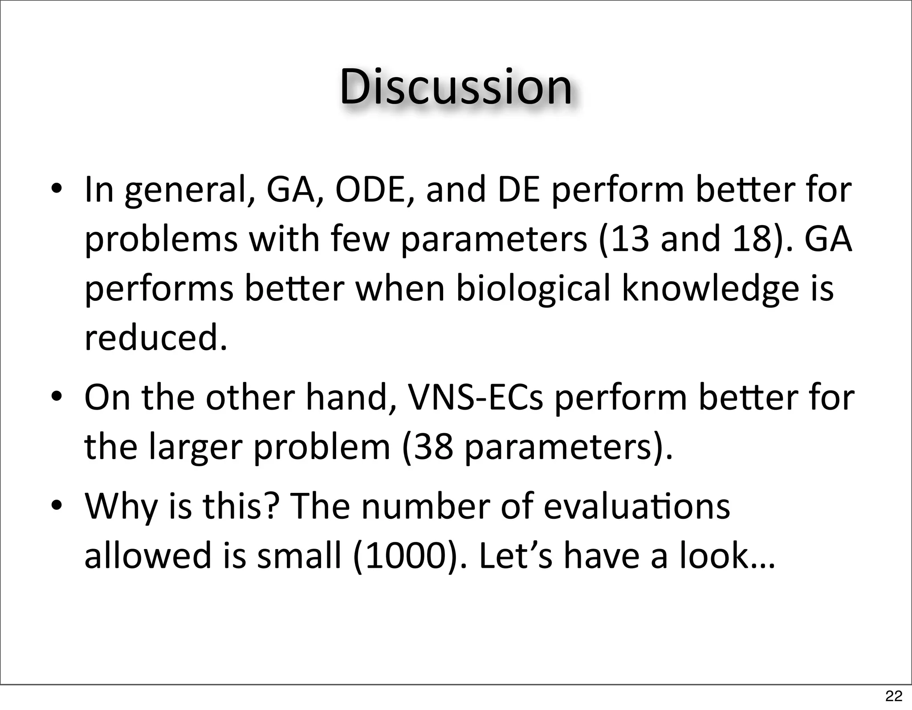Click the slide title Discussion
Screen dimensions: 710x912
tap(456, 87)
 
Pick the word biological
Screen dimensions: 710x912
tap(533, 288)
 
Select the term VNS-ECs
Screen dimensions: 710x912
tap(476, 398)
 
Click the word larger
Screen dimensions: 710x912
tap(195, 447)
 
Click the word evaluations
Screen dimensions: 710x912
tap(637, 507)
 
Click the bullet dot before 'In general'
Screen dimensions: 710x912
tap(56, 189)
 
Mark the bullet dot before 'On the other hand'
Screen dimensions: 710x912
tap(56, 398)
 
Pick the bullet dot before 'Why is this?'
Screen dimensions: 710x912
tap(56, 507)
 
